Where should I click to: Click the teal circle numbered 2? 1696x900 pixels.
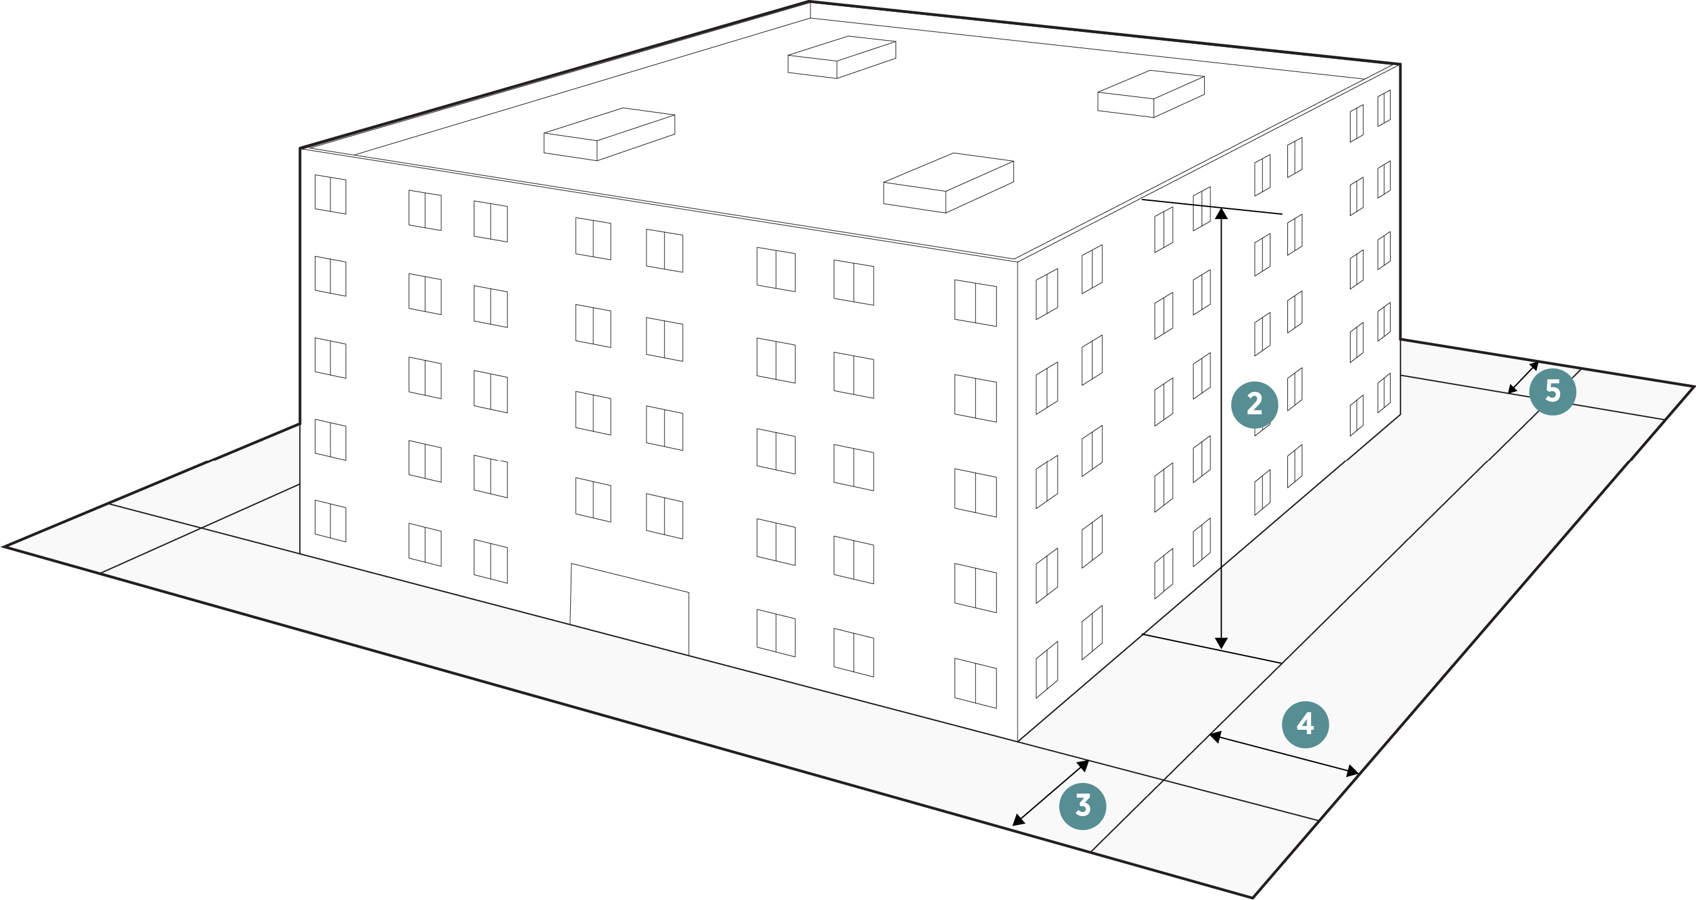[1254, 404]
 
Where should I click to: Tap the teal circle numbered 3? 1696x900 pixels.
[1083, 806]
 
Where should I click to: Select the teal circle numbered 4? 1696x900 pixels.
[1305, 724]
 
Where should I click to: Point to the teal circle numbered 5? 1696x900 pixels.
[1553, 392]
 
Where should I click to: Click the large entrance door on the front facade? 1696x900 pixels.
[630, 608]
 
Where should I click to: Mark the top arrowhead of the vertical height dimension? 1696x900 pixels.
[1221, 213]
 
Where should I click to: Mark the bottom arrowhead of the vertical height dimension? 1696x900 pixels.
[1221, 643]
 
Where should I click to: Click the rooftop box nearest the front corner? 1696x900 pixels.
[948, 183]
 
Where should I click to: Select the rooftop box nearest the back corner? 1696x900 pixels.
[842, 58]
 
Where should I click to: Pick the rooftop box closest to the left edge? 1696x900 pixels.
[609, 135]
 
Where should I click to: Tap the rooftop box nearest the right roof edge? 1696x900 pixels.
[1151, 94]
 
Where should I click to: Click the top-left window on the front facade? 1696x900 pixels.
[330, 194]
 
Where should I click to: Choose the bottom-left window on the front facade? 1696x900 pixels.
[330, 521]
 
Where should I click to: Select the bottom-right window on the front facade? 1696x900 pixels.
[975, 683]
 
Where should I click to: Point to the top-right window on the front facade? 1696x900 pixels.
[975, 303]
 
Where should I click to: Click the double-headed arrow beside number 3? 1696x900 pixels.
[1050, 793]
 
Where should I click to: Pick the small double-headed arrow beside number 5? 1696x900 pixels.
[1523, 377]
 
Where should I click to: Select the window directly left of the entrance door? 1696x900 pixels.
[491, 561]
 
